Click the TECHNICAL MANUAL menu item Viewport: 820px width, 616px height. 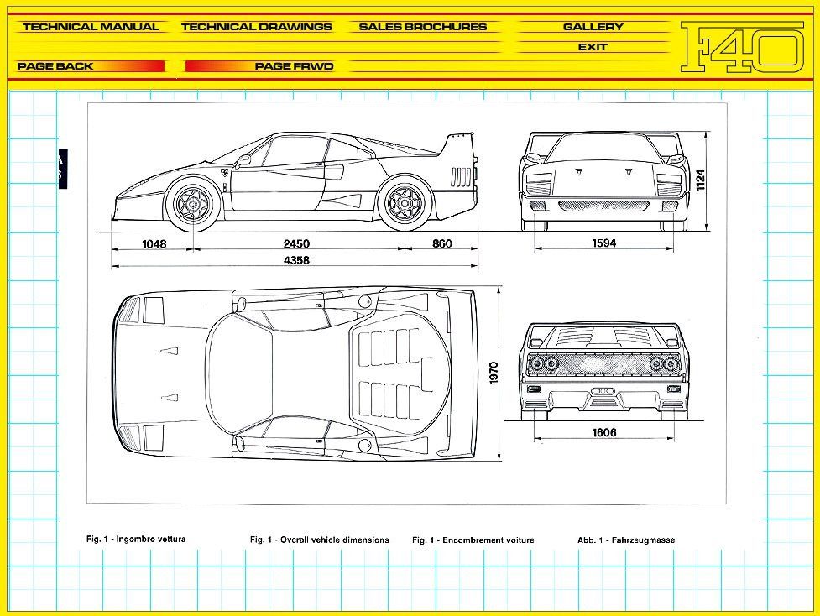click(91, 27)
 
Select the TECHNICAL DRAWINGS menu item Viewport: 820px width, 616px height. click(256, 27)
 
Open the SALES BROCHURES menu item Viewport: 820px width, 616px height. click(422, 27)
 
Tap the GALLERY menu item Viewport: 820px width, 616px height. click(593, 27)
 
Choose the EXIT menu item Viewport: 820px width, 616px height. click(593, 47)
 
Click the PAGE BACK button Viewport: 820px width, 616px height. click(55, 66)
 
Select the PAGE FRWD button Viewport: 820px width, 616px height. click(294, 66)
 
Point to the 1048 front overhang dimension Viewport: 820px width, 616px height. click(154, 244)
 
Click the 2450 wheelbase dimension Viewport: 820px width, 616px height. click(296, 244)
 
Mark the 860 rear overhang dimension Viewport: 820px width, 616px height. click(442, 244)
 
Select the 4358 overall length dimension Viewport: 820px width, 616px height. click(295, 261)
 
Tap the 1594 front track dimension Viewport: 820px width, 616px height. click(603, 244)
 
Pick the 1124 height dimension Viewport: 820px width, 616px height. click(700, 180)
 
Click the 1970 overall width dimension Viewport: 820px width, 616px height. click(494, 373)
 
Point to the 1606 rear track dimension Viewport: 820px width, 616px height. click(603, 433)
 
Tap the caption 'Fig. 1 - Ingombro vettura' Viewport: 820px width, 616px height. click(136, 539)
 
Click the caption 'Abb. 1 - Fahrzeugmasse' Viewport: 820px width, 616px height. click(626, 540)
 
